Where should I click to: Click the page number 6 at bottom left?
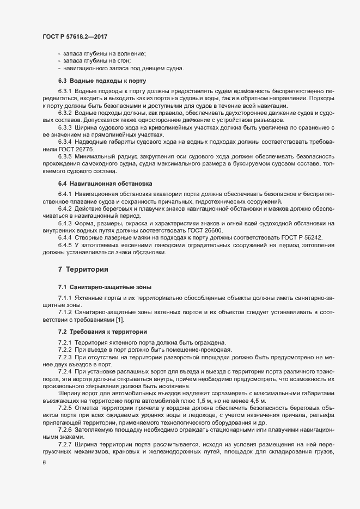(44, 463)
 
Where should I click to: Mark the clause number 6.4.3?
(65, 223)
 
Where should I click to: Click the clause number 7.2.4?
(66, 371)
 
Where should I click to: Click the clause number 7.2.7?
(66, 445)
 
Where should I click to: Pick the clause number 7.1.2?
(65, 312)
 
